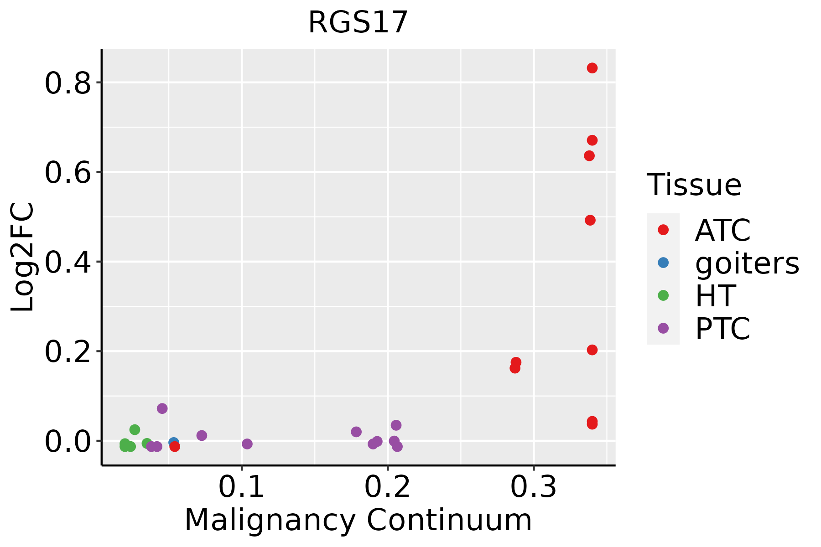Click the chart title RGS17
(358, 23)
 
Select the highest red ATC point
(592, 68)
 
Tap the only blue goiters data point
(173, 442)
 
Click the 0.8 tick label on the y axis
(68, 83)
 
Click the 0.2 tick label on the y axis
(68, 352)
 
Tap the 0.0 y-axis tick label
(68, 442)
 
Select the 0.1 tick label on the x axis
(241, 487)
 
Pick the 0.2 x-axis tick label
(387, 487)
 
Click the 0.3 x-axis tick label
(533, 487)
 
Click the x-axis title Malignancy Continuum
(358, 520)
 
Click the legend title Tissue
(694, 185)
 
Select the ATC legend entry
(722, 230)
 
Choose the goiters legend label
(747, 263)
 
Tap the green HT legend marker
(663, 295)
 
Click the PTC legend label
(722, 328)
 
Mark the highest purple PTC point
(162, 408)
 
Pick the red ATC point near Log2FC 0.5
(590, 220)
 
